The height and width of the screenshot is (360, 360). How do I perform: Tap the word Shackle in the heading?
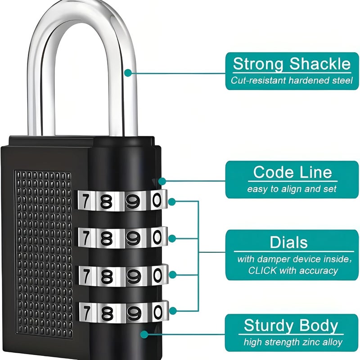click(x=320, y=64)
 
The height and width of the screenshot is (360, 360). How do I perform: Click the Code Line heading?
click(x=292, y=172)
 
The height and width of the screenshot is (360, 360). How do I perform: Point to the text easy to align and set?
click(x=292, y=189)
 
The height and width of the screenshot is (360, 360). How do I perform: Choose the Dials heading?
click(x=288, y=243)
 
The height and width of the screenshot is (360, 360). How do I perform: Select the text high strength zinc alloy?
click(x=292, y=342)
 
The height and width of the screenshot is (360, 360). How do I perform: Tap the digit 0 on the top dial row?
click(x=157, y=199)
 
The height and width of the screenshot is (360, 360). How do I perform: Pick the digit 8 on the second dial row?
click(x=106, y=237)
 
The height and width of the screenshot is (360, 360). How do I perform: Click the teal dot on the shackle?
click(x=128, y=72)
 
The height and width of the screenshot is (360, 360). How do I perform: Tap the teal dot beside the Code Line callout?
click(x=162, y=181)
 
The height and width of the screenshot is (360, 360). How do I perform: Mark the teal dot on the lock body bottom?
click(x=144, y=334)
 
